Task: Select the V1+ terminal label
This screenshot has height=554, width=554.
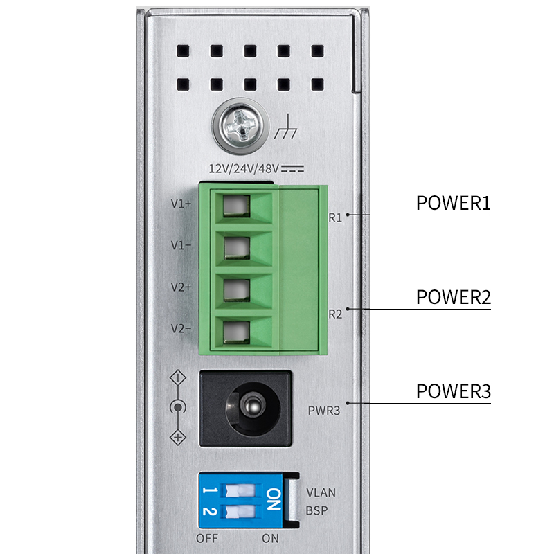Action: coord(181,204)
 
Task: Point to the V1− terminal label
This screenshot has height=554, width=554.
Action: coord(181,245)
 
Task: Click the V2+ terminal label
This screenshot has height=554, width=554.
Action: coord(181,287)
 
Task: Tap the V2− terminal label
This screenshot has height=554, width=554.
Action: coord(181,328)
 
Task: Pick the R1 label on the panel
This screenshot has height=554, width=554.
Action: coord(335,217)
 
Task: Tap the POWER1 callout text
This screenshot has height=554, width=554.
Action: coord(453,204)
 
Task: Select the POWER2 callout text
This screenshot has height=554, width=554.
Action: coord(453,297)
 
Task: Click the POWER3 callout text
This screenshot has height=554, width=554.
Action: coord(453,391)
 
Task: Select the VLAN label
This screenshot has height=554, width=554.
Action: coord(321,493)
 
